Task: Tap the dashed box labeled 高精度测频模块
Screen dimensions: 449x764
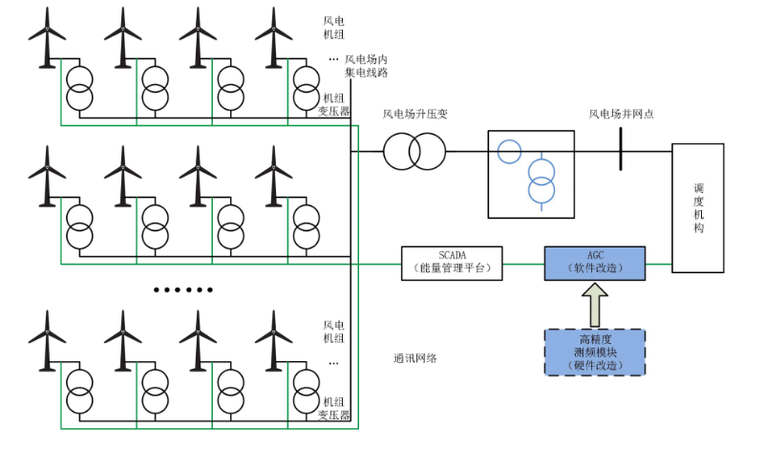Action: point(594,352)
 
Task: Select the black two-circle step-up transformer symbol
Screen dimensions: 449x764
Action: point(415,151)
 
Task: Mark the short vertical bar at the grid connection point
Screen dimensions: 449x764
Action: point(621,151)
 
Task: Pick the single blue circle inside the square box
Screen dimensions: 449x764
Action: point(509,150)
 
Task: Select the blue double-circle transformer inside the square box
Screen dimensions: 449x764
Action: point(541,181)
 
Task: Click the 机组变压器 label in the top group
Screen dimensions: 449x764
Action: point(333,104)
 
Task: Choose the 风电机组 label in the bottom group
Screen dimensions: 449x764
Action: point(333,331)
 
